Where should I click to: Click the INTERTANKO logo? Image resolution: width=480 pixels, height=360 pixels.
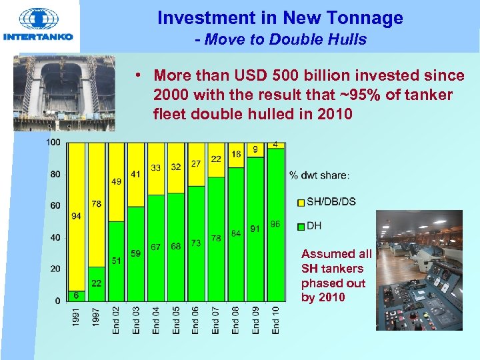click(38, 25)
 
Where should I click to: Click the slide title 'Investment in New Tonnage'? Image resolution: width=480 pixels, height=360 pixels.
click(280, 18)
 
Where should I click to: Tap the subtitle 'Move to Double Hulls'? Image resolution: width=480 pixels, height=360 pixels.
click(281, 39)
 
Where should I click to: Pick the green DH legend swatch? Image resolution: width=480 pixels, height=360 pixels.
click(301, 226)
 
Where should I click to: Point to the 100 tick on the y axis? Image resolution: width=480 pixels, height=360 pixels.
click(53, 143)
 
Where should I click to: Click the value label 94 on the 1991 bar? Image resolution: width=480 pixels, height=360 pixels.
click(76, 216)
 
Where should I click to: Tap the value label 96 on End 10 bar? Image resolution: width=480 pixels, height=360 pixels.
click(275, 225)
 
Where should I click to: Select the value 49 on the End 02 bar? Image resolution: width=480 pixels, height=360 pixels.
click(116, 181)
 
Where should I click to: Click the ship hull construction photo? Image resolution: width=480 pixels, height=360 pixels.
click(63, 93)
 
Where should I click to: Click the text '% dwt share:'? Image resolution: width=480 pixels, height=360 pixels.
click(319, 176)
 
